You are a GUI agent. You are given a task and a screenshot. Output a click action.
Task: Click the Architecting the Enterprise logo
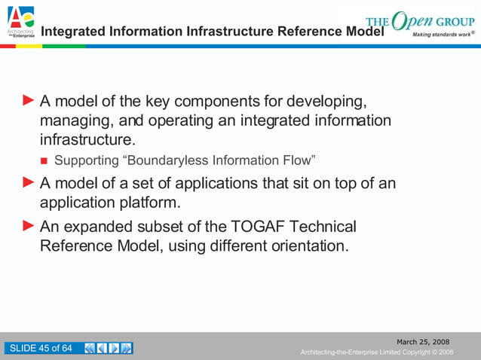20,22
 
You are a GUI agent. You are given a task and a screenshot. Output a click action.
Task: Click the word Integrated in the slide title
73,32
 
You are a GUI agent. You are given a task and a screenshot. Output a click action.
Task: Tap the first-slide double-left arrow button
90,348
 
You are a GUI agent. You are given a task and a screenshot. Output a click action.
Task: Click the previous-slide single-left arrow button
103,348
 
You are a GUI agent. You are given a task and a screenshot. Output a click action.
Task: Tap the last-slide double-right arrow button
127,348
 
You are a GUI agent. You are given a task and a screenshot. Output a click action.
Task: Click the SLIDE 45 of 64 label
41,348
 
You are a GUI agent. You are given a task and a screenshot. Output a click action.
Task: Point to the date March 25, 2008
423,343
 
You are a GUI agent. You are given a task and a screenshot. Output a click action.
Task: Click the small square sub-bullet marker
44,161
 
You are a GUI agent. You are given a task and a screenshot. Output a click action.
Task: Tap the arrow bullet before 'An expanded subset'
28,226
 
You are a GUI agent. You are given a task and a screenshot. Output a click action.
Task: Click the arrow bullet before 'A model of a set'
28,182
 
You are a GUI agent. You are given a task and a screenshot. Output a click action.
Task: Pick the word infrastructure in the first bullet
85,140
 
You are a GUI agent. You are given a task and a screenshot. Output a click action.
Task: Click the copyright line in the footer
376,352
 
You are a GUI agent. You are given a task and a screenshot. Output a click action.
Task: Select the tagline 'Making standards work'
442,35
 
